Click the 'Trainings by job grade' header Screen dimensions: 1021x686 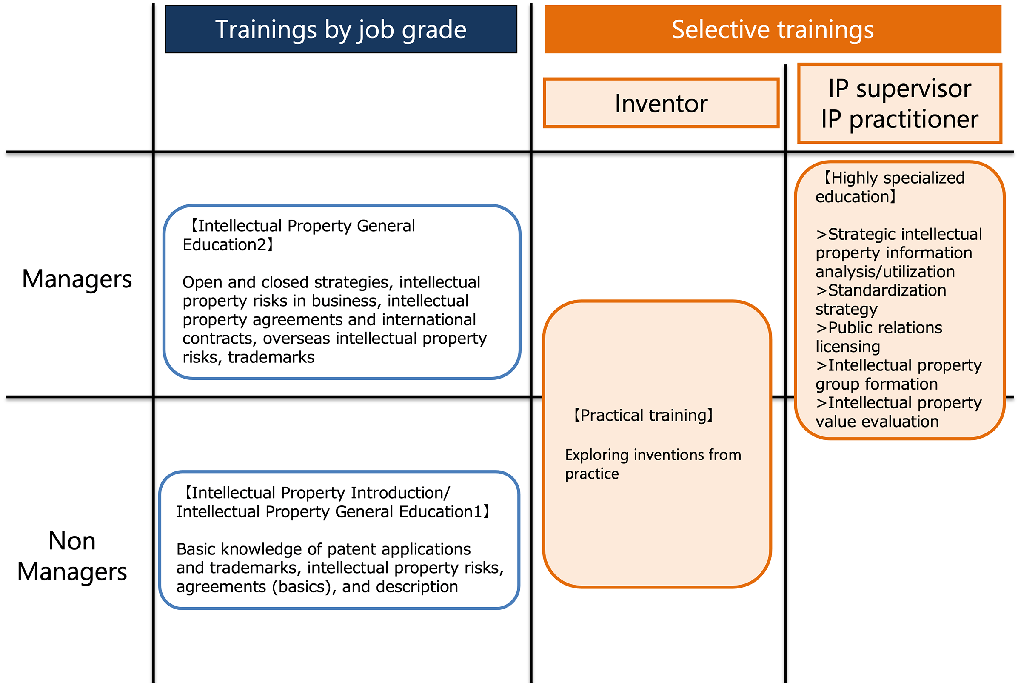tap(341, 29)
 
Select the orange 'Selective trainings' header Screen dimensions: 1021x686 tap(773, 29)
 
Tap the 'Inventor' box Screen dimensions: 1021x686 tap(661, 103)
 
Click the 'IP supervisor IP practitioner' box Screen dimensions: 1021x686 tap(899, 103)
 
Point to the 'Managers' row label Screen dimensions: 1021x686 tap(77, 279)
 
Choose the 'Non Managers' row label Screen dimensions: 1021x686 tap(72, 556)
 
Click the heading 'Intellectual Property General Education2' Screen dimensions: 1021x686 tap(299, 235)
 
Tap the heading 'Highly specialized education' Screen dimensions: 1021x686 tap(890, 187)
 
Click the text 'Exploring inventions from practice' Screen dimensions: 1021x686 tap(653, 464)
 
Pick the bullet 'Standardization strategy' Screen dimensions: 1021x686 tap(881, 300)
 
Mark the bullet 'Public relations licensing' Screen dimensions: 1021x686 tap(879, 337)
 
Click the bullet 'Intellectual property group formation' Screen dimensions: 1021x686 tap(898, 374)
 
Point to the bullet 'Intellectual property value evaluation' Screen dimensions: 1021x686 tap(898, 412)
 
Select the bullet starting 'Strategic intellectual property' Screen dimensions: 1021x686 tap(898, 253)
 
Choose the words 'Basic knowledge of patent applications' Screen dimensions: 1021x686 tap(323, 549)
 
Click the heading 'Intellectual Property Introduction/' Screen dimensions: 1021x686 tap(316, 493)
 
